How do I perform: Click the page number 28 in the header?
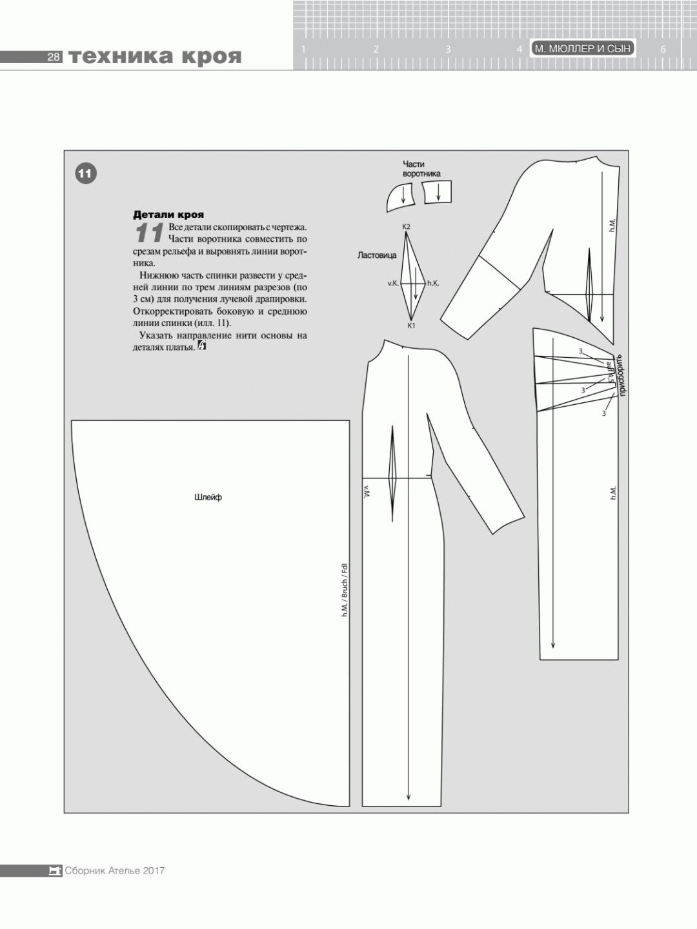pyautogui.click(x=54, y=57)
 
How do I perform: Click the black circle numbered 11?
pyautogui.click(x=86, y=173)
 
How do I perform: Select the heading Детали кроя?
pyautogui.click(x=168, y=215)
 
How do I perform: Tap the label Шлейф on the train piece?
pyautogui.click(x=208, y=497)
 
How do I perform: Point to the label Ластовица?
pyautogui.click(x=377, y=255)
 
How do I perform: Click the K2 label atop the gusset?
pyautogui.click(x=406, y=227)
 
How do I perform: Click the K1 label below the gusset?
pyautogui.click(x=410, y=326)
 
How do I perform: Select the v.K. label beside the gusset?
pyautogui.click(x=393, y=283)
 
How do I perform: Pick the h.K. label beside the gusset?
pyautogui.click(x=433, y=283)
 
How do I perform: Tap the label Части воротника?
pyautogui.click(x=421, y=169)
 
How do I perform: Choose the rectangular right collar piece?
pyautogui.click(x=438, y=192)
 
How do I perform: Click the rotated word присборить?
pyautogui.click(x=621, y=375)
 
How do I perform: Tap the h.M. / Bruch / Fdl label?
pyautogui.click(x=345, y=589)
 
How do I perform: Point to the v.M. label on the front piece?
pyautogui.click(x=367, y=491)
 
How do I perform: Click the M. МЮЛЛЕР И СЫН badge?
pyautogui.click(x=583, y=48)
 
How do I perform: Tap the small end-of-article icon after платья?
pyautogui.click(x=202, y=346)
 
